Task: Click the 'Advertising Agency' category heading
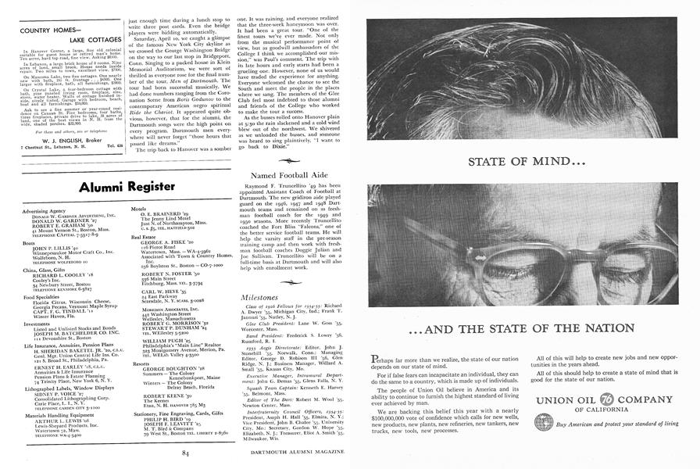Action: tap(44, 211)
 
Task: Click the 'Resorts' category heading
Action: tap(143, 363)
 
